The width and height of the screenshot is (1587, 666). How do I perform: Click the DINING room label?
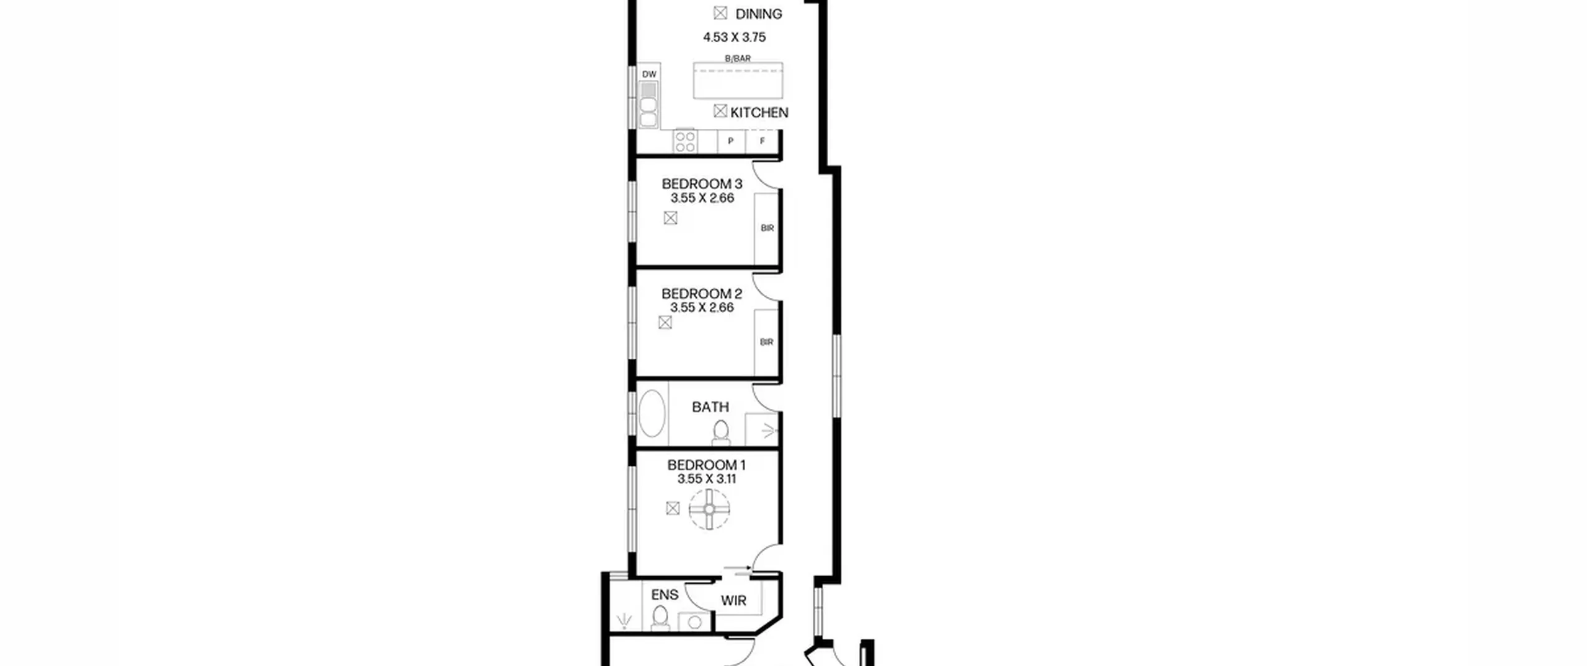pos(758,14)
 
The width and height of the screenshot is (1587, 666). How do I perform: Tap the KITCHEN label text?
pos(759,113)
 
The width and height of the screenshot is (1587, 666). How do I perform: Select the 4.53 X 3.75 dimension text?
pos(734,37)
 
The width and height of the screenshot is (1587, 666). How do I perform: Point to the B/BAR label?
pos(738,58)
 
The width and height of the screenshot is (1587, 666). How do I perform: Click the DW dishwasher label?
pos(649,74)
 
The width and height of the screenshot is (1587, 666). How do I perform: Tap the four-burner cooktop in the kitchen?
pos(685,141)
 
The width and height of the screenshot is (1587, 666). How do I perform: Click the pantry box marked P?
pos(731,141)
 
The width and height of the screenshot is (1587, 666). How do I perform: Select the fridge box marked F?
pos(762,141)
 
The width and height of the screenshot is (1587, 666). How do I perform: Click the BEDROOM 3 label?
pos(702,184)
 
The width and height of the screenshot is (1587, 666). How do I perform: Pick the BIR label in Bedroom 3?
pos(767,228)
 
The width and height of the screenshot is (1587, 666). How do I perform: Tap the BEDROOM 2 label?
pos(702,294)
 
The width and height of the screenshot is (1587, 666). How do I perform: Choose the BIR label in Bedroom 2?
pos(767,342)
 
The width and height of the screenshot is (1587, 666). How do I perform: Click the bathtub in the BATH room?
pos(652,413)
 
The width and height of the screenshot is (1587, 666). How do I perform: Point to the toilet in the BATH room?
pos(721,432)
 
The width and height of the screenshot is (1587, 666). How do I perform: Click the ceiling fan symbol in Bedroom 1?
pos(709,509)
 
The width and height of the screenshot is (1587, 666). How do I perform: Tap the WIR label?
pos(733,601)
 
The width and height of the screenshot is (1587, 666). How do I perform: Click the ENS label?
pos(665,595)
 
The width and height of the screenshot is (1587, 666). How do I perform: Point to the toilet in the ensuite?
pos(661,618)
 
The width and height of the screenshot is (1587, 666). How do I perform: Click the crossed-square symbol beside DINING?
pos(720,13)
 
